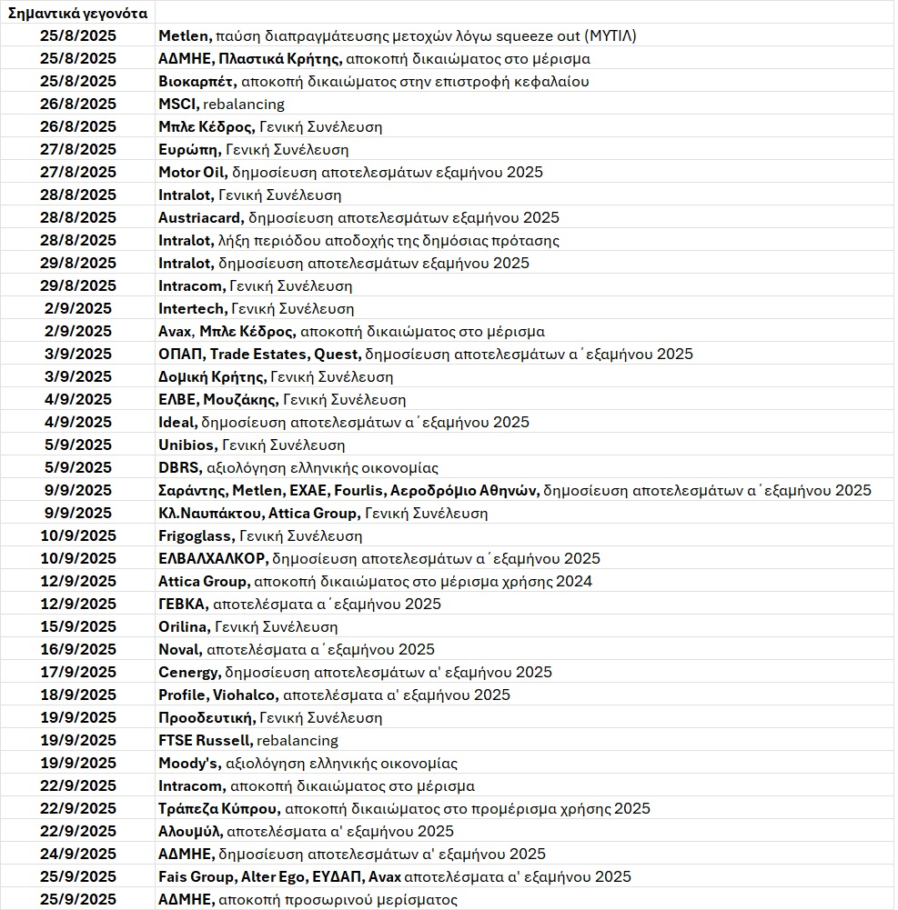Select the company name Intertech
click(x=193, y=308)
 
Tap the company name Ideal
click(x=177, y=422)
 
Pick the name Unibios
click(x=187, y=445)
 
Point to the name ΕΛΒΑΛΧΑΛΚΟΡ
click(x=213, y=558)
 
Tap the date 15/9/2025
click(x=78, y=626)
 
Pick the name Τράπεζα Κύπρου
click(x=218, y=808)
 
